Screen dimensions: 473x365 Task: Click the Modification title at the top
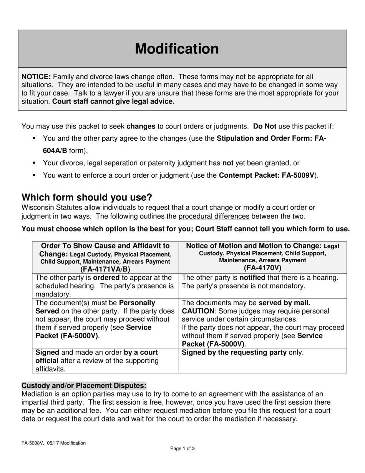coord(177,49)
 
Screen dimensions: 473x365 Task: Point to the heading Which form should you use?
coord(87,197)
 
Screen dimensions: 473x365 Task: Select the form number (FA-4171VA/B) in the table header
coord(105,269)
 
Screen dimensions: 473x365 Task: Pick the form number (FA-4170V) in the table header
coord(262,268)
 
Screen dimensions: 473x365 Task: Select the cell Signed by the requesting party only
coord(242,352)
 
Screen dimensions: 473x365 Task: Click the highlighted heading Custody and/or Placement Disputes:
coord(84,385)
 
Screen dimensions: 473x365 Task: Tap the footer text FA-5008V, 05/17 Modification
coord(53,443)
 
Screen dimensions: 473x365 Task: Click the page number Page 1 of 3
coord(182,448)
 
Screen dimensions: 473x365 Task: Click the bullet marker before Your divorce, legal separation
coord(34,163)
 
